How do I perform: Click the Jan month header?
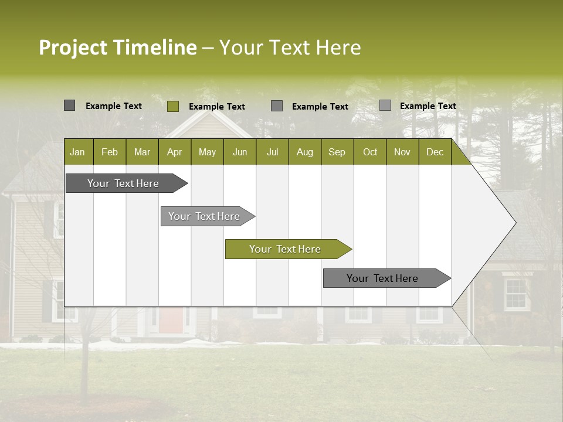[78, 152]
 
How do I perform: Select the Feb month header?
[110, 152]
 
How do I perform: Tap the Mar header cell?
[142, 152]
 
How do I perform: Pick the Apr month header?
[175, 152]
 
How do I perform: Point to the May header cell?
[207, 152]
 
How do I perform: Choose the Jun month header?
[240, 152]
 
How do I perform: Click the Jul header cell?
[272, 152]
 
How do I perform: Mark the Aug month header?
[305, 152]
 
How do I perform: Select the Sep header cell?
[337, 152]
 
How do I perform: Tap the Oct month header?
[370, 152]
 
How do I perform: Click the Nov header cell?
[402, 152]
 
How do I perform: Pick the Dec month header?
[435, 152]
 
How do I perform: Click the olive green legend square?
[173, 106]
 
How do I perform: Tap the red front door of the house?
[171, 320]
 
